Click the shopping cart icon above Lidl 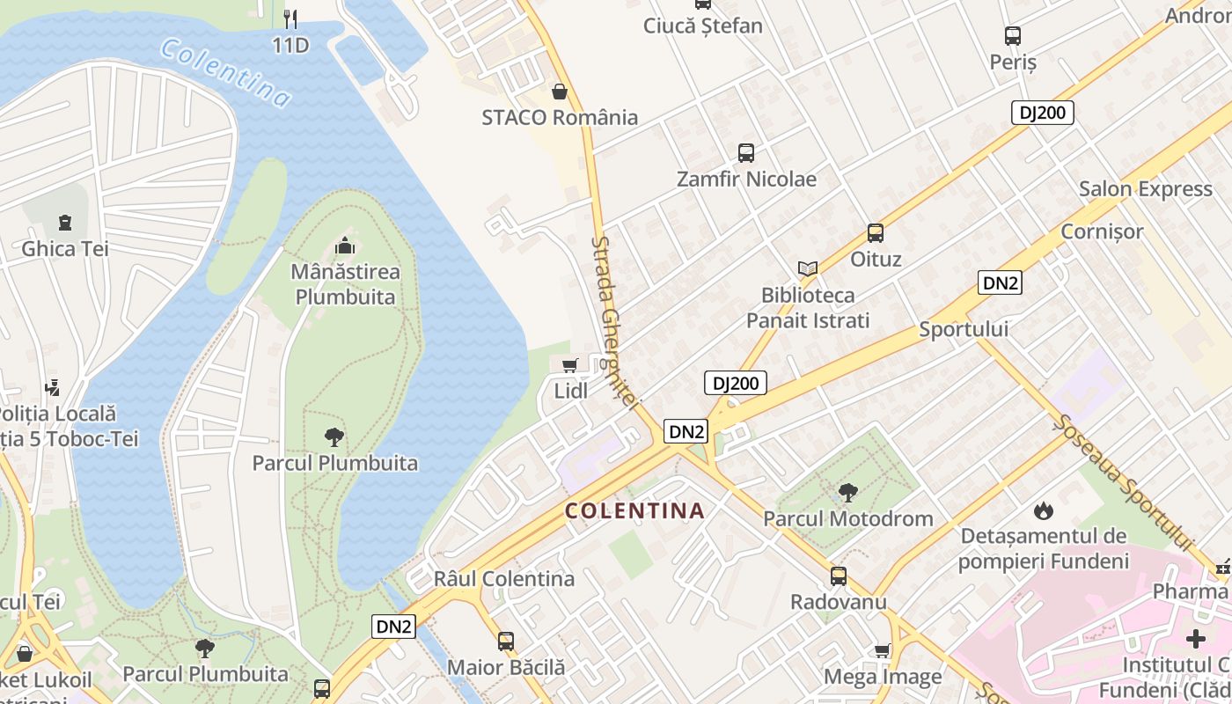coord(569,365)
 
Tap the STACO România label coord(560,117)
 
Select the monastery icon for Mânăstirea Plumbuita coord(345,246)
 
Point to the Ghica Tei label coord(65,248)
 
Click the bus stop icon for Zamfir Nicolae coord(746,153)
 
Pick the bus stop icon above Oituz coord(876,233)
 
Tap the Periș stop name coord(1013,62)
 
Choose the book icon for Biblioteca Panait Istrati coord(808,268)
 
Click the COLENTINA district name coord(634,510)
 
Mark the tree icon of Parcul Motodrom coord(848,493)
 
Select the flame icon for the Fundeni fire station coord(1044,510)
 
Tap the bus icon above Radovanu coord(839,576)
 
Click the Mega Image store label coord(883,677)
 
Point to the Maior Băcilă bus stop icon coord(506,642)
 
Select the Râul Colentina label coord(504,579)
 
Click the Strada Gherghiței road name coord(614,321)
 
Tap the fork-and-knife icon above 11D coord(291,18)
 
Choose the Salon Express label coord(1145,189)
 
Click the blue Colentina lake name coord(225,73)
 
